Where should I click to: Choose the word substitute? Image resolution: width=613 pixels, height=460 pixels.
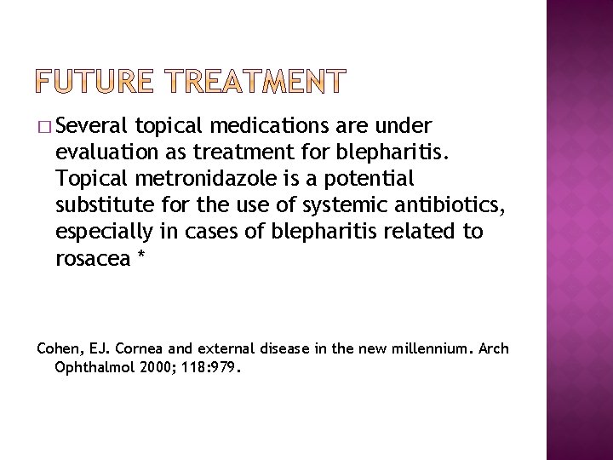click(x=100, y=206)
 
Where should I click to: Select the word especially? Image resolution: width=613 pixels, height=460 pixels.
click(x=105, y=232)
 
